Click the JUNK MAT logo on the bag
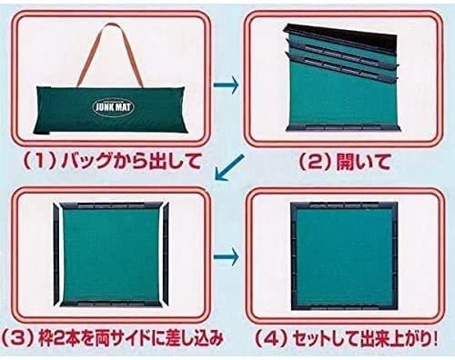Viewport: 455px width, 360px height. tap(113, 106)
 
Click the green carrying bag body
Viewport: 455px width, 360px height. tap(112, 109)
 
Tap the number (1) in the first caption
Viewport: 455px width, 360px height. tap(40, 161)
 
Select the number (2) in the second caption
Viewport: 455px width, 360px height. tap(315, 162)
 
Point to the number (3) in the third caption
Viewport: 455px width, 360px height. tap(17, 337)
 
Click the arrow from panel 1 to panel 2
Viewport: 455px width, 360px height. tap(227, 85)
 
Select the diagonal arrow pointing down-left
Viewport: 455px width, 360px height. tap(230, 167)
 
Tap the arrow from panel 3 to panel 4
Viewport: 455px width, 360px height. tap(227, 257)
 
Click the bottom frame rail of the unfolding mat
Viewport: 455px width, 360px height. tap(343, 127)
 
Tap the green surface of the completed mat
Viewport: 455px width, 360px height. tap(344, 255)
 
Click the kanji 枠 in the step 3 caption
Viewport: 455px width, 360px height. tap(46, 337)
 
